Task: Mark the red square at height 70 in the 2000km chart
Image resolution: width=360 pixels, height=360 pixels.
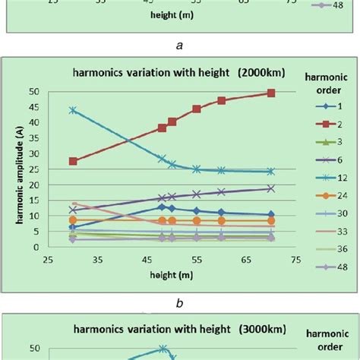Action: tap(270, 93)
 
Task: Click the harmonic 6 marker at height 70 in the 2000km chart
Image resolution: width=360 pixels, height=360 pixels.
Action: tap(270, 188)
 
